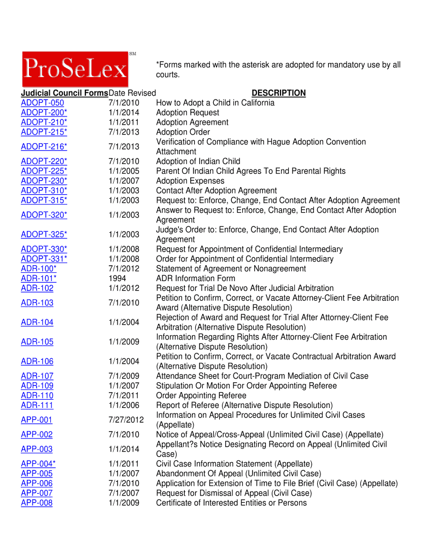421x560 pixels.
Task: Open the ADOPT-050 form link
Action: (42, 103)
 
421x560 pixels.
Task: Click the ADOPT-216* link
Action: (44, 147)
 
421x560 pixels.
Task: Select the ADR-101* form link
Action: (38, 278)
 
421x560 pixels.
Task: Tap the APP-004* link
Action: (38, 464)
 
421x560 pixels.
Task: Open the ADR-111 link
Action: (37, 405)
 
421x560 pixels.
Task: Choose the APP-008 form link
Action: (37, 503)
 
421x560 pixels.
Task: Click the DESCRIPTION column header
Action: (278, 93)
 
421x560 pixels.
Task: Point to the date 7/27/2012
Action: (126, 420)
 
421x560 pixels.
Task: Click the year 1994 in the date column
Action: (118, 278)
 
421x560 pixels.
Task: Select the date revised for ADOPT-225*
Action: (124, 171)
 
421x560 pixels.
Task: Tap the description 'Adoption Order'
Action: (183, 132)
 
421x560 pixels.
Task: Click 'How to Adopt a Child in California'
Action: (215, 103)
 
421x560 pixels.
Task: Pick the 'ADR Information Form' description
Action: (196, 278)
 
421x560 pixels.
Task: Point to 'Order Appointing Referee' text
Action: (201, 395)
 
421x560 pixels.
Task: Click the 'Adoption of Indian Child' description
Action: (198, 161)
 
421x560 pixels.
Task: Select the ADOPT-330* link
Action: (44, 249)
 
